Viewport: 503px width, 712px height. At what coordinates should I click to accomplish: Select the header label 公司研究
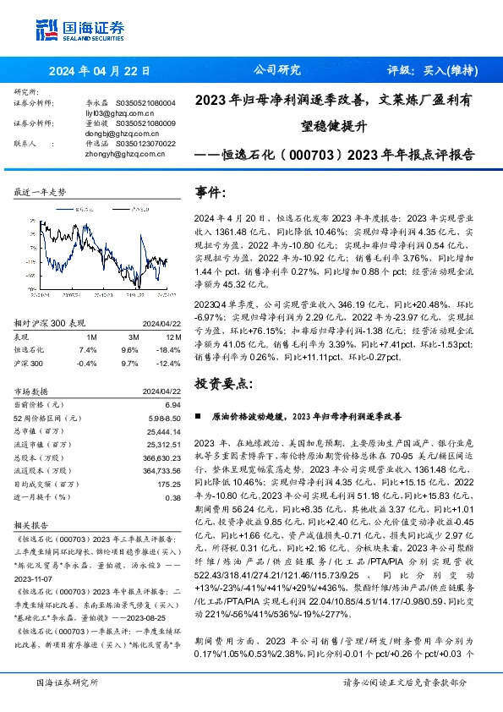(x=277, y=71)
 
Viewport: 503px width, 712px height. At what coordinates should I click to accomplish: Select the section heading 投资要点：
(x=223, y=383)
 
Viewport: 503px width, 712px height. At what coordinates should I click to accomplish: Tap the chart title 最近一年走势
(x=40, y=193)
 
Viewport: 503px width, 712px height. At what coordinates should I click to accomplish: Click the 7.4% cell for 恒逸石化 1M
(x=88, y=348)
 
